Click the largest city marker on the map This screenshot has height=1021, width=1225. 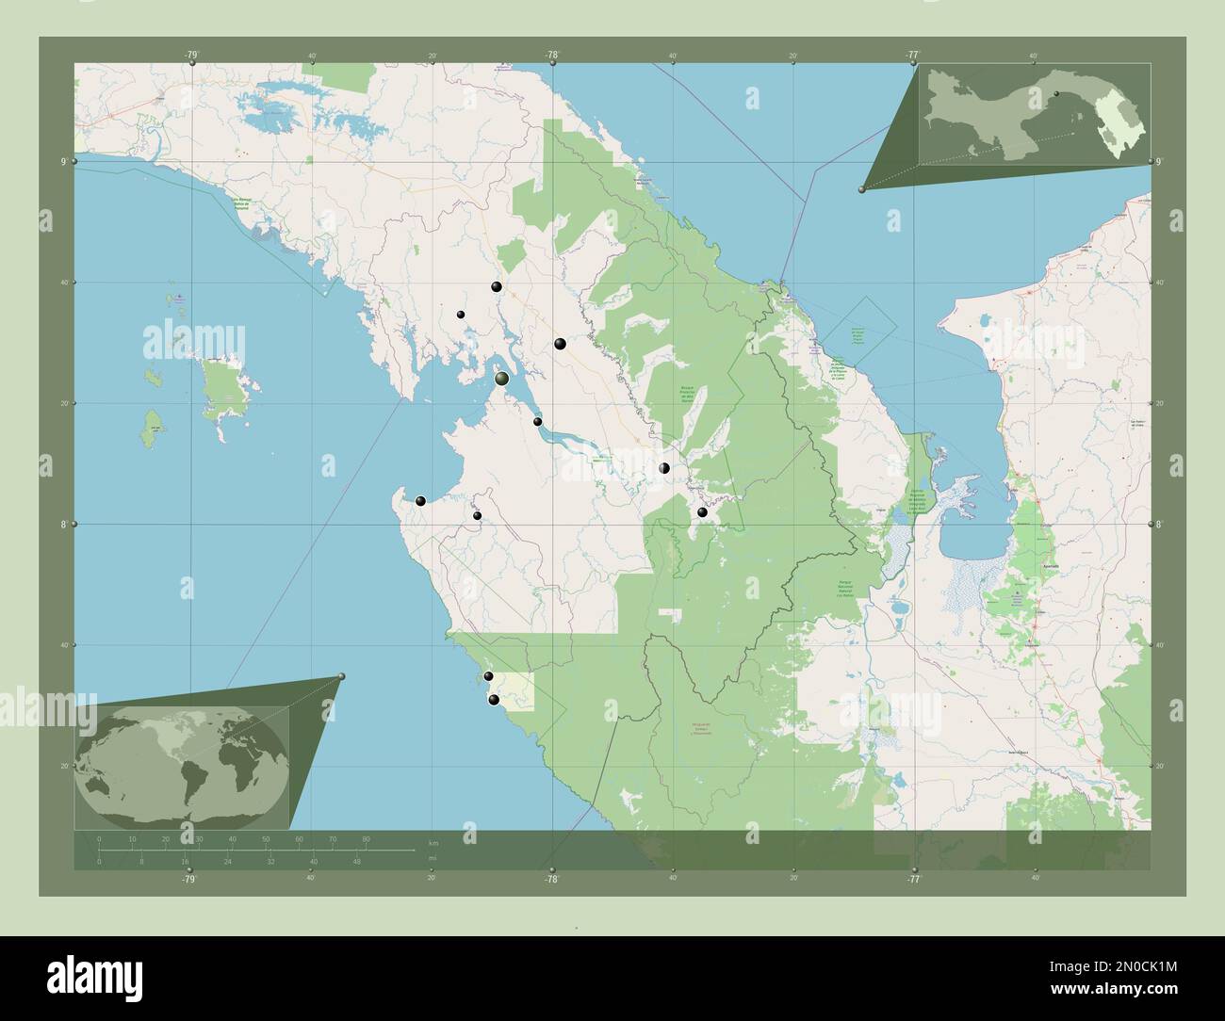[x=502, y=379]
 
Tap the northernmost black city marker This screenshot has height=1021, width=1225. [x=496, y=287]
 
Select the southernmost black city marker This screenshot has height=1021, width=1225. [x=494, y=699]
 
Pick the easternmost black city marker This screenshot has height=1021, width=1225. [x=702, y=512]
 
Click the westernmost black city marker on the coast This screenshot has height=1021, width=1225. [x=421, y=501]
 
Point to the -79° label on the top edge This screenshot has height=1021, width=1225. [x=191, y=55]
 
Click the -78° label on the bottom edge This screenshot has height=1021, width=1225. [x=551, y=880]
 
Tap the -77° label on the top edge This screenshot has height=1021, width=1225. [x=912, y=55]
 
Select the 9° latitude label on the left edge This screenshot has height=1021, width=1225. [x=63, y=161]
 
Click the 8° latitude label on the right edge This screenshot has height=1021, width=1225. [x=1161, y=524]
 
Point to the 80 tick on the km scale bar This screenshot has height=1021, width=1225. [x=366, y=838]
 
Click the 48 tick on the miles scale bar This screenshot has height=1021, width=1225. [x=356, y=861]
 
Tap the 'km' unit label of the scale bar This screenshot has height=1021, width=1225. [x=433, y=843]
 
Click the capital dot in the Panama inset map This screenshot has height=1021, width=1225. [x=1056, y=93]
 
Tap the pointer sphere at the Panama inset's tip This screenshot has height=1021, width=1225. [x=861, y=189]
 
